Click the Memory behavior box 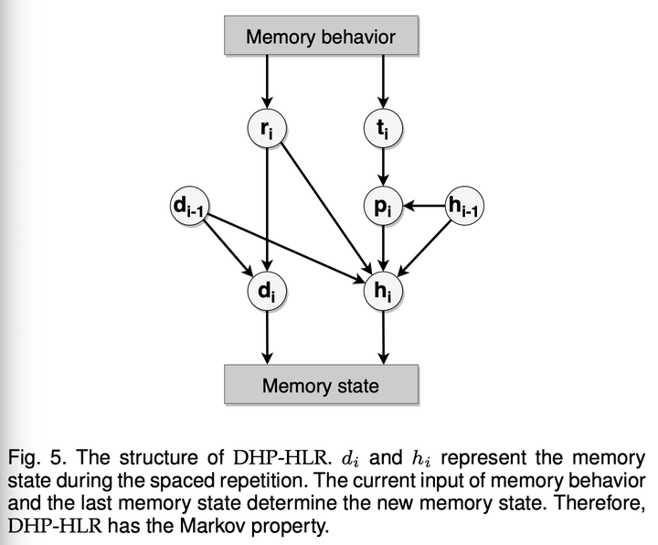(x=321, y=37)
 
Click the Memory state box (x=321, y=384)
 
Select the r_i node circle (x=266, y=130)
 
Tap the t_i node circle (x=383, y=130)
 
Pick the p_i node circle (x=383, y=207)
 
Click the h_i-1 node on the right (x=465, y=207)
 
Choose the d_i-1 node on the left (x=190, y=207)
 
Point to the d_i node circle (x=266, y=292)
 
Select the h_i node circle (x=383, y=292)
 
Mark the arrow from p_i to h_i (x=383, y=249)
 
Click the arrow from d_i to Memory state (x=266, y=337)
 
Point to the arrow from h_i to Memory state (x=383, y=337)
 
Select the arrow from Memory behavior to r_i (x=266, y=83)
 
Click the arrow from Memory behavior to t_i (x=383, y=83)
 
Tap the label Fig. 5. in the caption (x=33, y=456)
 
